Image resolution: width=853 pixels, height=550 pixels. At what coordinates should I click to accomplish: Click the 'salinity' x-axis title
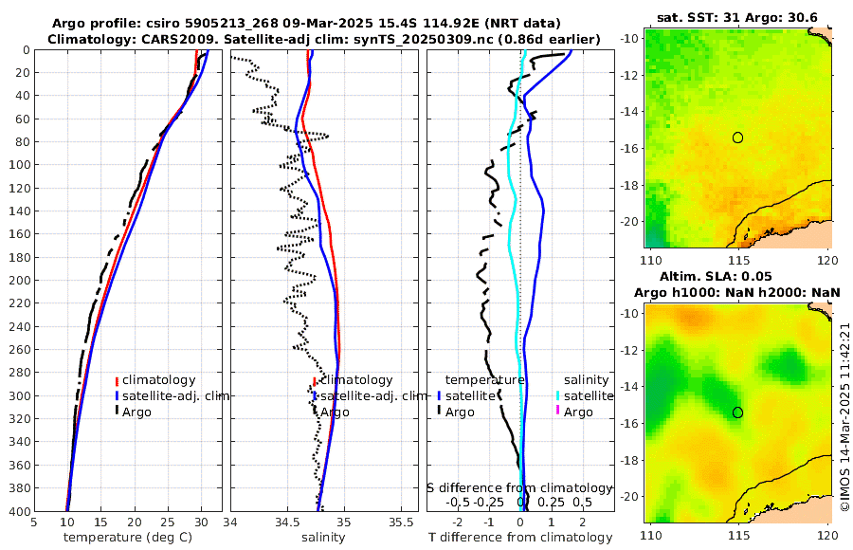(x=322, y=538)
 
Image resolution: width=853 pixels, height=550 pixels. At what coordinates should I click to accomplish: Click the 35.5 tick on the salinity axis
(x=403, y=522)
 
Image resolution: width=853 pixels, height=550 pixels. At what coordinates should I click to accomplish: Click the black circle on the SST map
(x=737, y=137)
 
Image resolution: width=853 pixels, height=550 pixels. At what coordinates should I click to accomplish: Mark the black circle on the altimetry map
(x=737, y=412)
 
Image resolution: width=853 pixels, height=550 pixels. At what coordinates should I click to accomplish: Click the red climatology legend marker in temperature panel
(x=117, y=380)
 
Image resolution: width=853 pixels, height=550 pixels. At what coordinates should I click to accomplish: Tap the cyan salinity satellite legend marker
(x=558, y=395)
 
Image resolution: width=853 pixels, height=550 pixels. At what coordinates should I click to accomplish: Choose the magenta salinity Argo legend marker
(x=558, y=412)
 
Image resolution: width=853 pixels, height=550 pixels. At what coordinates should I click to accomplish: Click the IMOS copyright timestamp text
(x=844, y=417)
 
